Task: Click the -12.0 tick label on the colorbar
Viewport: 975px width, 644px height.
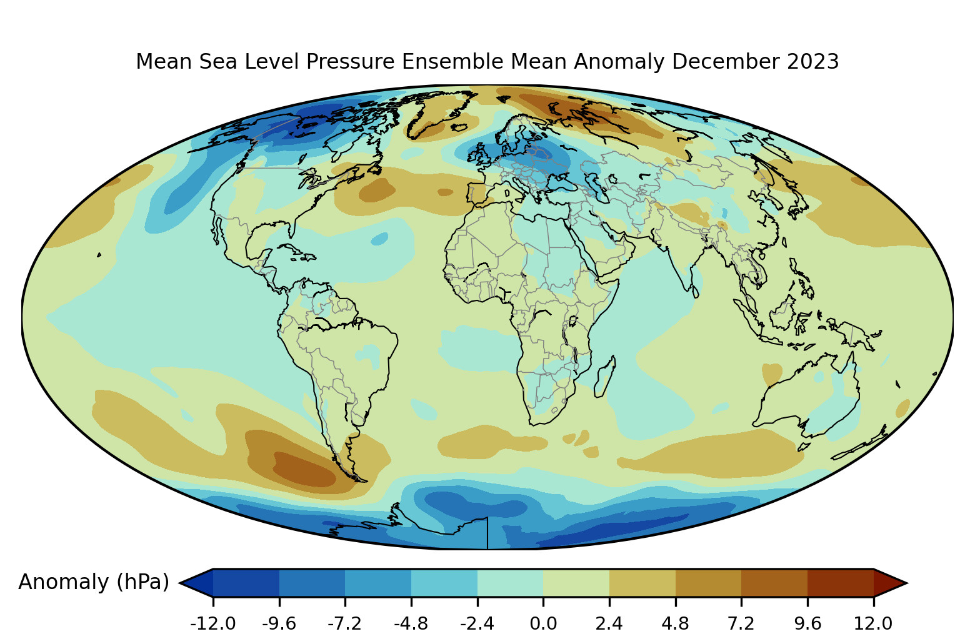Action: pos(213,623)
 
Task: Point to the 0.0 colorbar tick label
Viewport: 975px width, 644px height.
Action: pos(543,623)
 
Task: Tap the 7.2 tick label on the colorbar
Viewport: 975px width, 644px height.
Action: pos(741,623)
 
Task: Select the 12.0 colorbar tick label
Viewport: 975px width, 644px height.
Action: pos(873,623)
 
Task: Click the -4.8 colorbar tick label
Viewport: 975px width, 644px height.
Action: pos(411,623)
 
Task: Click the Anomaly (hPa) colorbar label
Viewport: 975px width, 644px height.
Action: pos(94,582)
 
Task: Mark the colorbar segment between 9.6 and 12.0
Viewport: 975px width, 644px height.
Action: pos(840,583)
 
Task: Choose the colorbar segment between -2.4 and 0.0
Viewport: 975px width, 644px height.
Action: pos(510,583)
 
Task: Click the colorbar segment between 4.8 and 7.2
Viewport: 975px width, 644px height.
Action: pos(708,583)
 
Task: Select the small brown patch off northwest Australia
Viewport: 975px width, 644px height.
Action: pos(772,374)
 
